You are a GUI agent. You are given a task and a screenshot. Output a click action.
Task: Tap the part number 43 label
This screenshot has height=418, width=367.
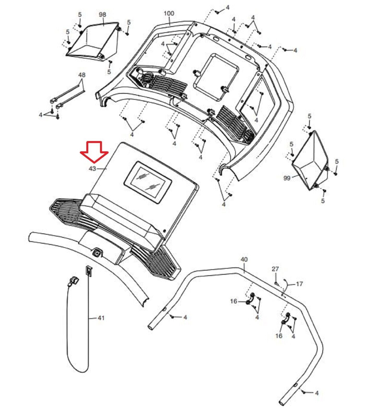pyautogui.click(x=92, y=169)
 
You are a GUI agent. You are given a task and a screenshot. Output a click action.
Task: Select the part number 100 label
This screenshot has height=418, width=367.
pyautogui.click(x=169, y=13)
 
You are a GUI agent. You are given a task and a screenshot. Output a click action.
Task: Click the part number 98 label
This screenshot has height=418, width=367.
pyautogui.click(x=102, y=14)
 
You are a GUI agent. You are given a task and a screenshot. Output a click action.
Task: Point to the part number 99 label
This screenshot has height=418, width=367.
pyautogui.click(x=287, y=178)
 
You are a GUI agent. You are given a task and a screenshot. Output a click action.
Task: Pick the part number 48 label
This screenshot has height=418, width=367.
pyautogui.click(x=82, y=75)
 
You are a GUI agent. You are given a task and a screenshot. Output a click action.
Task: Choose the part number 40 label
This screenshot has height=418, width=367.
pyautogui.click(x=244, y=259)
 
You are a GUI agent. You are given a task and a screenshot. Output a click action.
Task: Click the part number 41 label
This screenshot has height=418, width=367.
pyautogui.click(x=101, y=318)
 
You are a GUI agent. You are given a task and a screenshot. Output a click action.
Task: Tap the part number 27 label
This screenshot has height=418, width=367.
pyautogui.click(x=275, y=269)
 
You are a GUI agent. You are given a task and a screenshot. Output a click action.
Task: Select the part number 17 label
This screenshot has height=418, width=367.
pyautogui.click(x=299, y=283)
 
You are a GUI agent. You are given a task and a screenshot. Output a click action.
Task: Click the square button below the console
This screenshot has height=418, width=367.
pyautogui.click(x=97, y=252)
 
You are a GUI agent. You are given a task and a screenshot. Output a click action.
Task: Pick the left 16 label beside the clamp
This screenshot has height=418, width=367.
pyautogui.click(x=234, y=301)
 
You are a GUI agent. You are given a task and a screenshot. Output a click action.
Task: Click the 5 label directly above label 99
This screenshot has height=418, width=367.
pyautogui.click(x=292, y=144)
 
